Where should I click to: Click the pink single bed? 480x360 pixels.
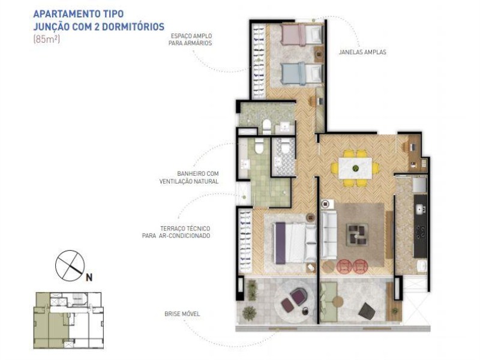click(302, 35)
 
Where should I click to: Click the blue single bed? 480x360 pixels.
click(302, 73)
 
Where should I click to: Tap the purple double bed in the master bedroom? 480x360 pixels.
click(295, 243)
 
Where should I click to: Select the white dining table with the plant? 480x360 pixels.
click(355, 168)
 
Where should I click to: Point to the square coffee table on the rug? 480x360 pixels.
click(357, 235)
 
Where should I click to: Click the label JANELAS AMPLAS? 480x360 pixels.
click(362, 52)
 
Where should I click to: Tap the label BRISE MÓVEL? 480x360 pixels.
click(182, 314)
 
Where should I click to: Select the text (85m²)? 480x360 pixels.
click(46, 39)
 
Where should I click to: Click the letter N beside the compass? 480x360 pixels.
click(89, 277)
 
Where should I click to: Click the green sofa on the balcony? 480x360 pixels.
click(328, 302)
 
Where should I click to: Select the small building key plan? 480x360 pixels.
click(68, 320)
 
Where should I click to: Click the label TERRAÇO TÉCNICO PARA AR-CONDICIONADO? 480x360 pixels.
click(176, 232)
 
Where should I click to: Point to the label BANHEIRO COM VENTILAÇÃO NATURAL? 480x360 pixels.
click(189, 178)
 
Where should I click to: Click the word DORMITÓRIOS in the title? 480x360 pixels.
click(133, 27)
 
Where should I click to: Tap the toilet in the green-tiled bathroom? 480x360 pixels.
click(259, 146)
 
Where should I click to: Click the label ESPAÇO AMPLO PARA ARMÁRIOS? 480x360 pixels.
click(190, 40)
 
